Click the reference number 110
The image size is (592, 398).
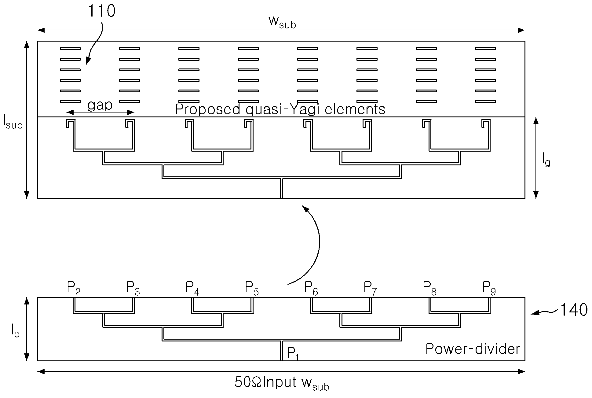click(x=102, y=11)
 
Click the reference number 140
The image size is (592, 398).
click(x=573, y=310)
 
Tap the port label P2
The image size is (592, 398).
click(x=74, y=289)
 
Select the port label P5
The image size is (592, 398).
click(x=252, y=289)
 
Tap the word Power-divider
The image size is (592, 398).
click(x=473, y=349)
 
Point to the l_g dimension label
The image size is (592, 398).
click(x=546, y=159)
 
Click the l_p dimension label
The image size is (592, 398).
click(x=15, y=330)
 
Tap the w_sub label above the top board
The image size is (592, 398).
click(x=282, y=22)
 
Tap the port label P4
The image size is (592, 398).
click(x=192, y=289)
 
